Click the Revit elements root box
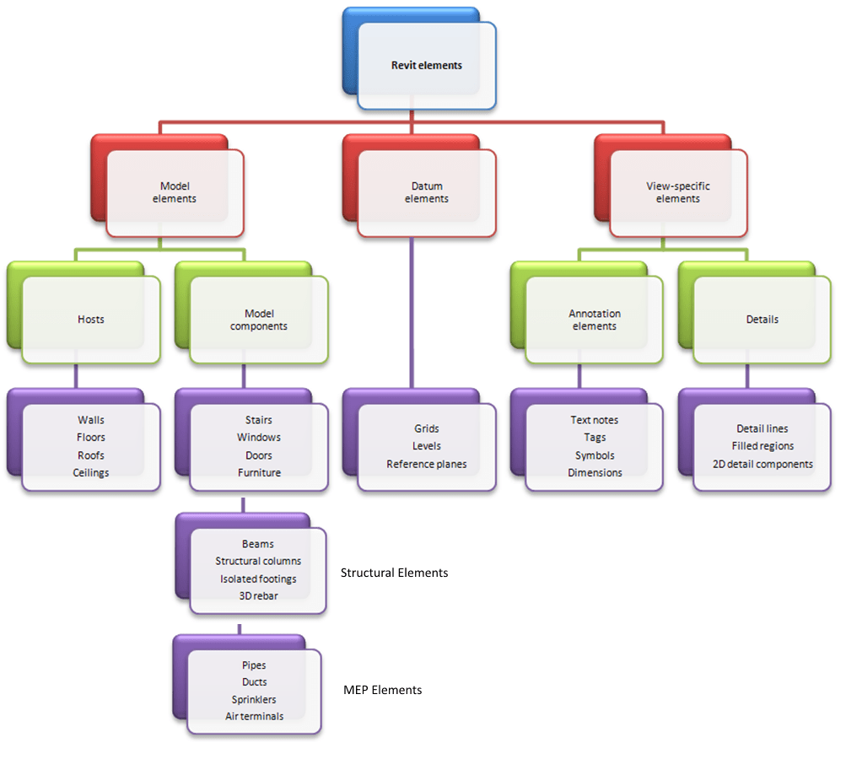(x=426, y=65)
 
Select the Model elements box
(x=175, y=193)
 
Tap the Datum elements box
(x=426, y=193)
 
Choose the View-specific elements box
(x=678, y=193)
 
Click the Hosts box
(x=91, y=320)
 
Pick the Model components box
(x=259, y=320)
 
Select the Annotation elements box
(x=595, y=320)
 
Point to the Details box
(x=762, y=320)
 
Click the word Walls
(x=91, y=420)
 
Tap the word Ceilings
(x=91, y=473)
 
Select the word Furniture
(x=259, y=473)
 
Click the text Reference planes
(x=426, y=465)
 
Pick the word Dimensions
(x=595, y=473)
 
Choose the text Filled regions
(x=762, y=446)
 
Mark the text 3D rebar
(x=258, y=595)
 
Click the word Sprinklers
(x=254, y=699)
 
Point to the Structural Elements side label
(x=394, y=573)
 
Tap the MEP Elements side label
(x=382, y=690)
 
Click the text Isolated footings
(x=258, y=579)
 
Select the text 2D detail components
(x=762, y=464)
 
